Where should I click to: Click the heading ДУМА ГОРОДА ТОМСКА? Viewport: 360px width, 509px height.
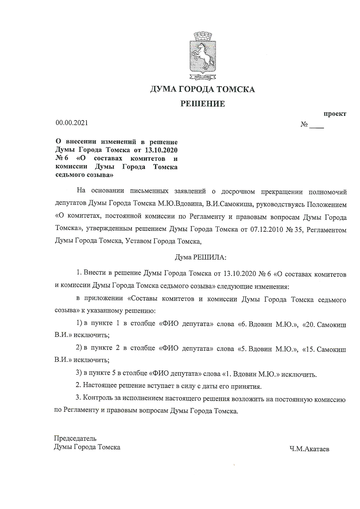(x=202, y=89)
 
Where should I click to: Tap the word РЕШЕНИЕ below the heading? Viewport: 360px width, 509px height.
(x=202, y=104)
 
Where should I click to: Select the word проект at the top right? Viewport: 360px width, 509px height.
(x=335, y=114)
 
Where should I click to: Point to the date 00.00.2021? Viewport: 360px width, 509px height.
(x=72, y=123)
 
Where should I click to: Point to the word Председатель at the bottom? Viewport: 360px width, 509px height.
(x=75, y=438)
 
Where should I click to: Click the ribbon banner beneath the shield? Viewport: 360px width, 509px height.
(x=202, y=77)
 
